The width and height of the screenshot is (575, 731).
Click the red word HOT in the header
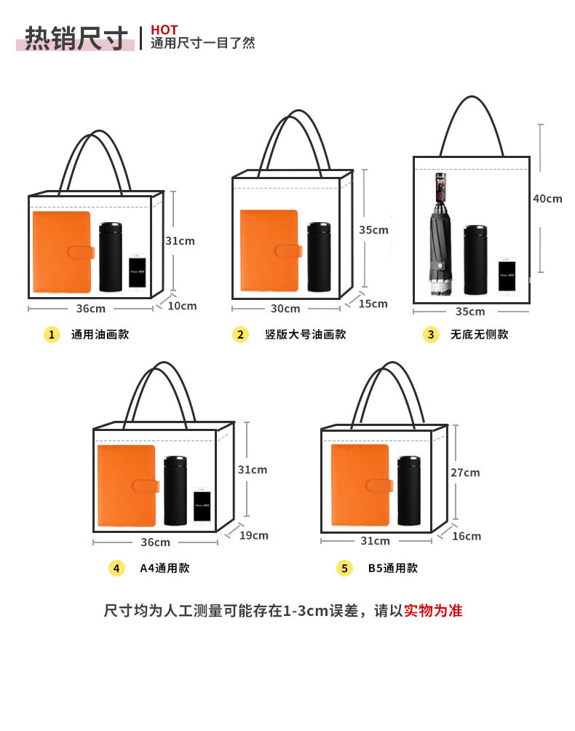(x=164, y=29)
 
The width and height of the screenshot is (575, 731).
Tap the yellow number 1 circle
(x=51, y=335)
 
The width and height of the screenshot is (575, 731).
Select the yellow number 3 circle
(x=432, y=335)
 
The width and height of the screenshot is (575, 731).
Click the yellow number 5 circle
(x=344, y=569)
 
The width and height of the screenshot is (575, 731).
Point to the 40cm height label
(x=547, y=199)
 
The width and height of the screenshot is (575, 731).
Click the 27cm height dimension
(x=465, y=473)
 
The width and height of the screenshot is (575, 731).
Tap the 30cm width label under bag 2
(x=285, y=309)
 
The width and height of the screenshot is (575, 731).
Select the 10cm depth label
(x=182, y=306)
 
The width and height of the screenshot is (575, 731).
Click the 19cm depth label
(x=254, y=536)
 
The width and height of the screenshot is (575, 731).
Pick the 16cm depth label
(x=467, y=537)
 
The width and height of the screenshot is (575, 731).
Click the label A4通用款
(x=164, y=569)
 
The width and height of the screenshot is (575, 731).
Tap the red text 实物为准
(x=433, y=611)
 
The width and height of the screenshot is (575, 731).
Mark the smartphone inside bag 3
(x=507, y=276)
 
